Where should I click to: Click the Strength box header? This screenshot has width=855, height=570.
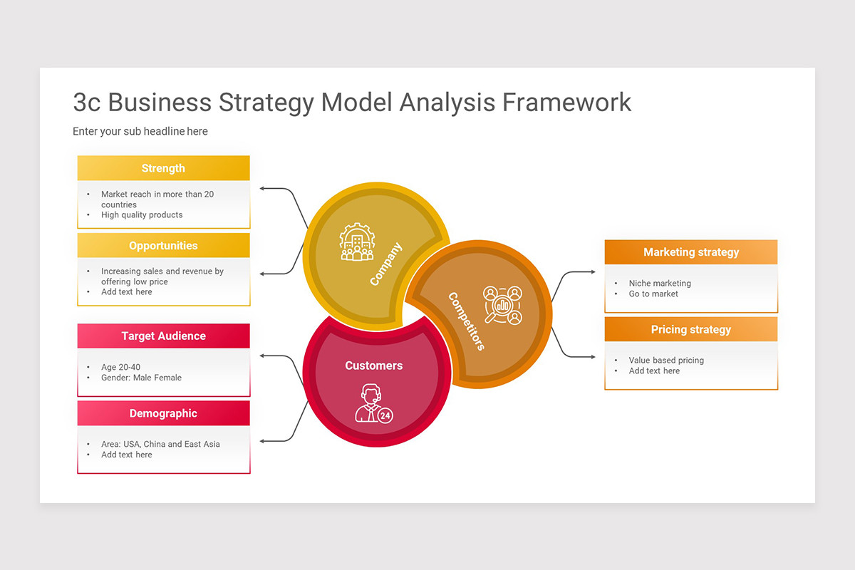click(163, 168)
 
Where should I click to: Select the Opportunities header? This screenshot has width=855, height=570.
click(163, 246)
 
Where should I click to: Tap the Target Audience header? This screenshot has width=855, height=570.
click(163, 336)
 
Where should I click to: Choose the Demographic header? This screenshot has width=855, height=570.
click(163, 413)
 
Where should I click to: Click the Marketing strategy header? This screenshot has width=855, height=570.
click(690, 252)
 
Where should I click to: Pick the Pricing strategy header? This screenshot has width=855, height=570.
click(690, 330)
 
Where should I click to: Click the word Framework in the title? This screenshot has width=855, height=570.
click(566, 102)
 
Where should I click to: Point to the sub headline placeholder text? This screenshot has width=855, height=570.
click(140, 131)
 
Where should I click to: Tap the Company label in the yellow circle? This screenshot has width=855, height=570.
click(386, 264)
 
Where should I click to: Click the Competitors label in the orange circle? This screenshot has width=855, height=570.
click(467, 321)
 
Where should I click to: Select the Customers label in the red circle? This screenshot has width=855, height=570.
click(374, 366)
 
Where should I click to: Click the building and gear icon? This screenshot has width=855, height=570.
click(356, 242)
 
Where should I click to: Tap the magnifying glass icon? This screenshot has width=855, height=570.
click(502, 305)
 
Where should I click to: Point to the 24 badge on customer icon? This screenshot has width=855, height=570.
click(385, 415)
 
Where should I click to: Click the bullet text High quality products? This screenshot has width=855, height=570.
click(142, 215)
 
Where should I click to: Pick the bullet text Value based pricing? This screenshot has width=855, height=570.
click(665, 361)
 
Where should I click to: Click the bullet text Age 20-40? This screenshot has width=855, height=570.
click(120, 368)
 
